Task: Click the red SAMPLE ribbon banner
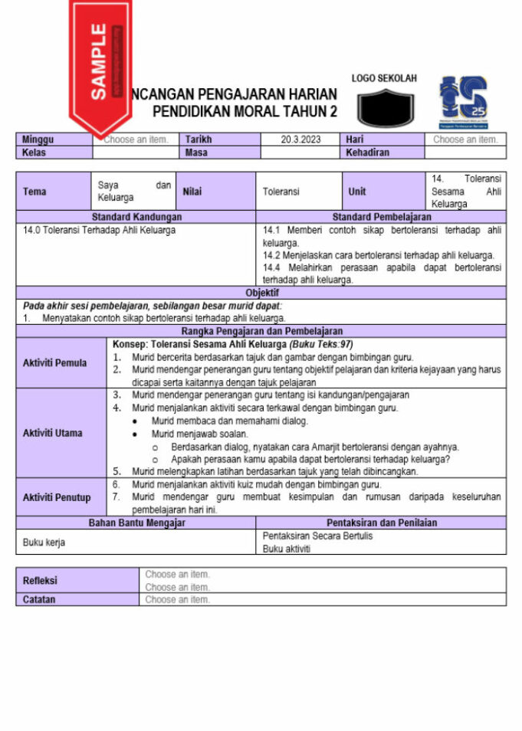100,65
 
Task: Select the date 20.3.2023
302,140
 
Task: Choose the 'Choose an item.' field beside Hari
465,140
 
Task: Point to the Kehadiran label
368,152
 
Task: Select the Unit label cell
357,192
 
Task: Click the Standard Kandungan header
136,218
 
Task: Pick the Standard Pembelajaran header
381,218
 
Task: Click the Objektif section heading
261,293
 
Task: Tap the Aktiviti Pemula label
54,363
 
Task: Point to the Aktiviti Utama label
53,433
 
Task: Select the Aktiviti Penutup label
57,497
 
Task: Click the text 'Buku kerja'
44,542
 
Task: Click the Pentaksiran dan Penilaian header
381,523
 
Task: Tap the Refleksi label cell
40,580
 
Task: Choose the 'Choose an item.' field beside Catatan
178,599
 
